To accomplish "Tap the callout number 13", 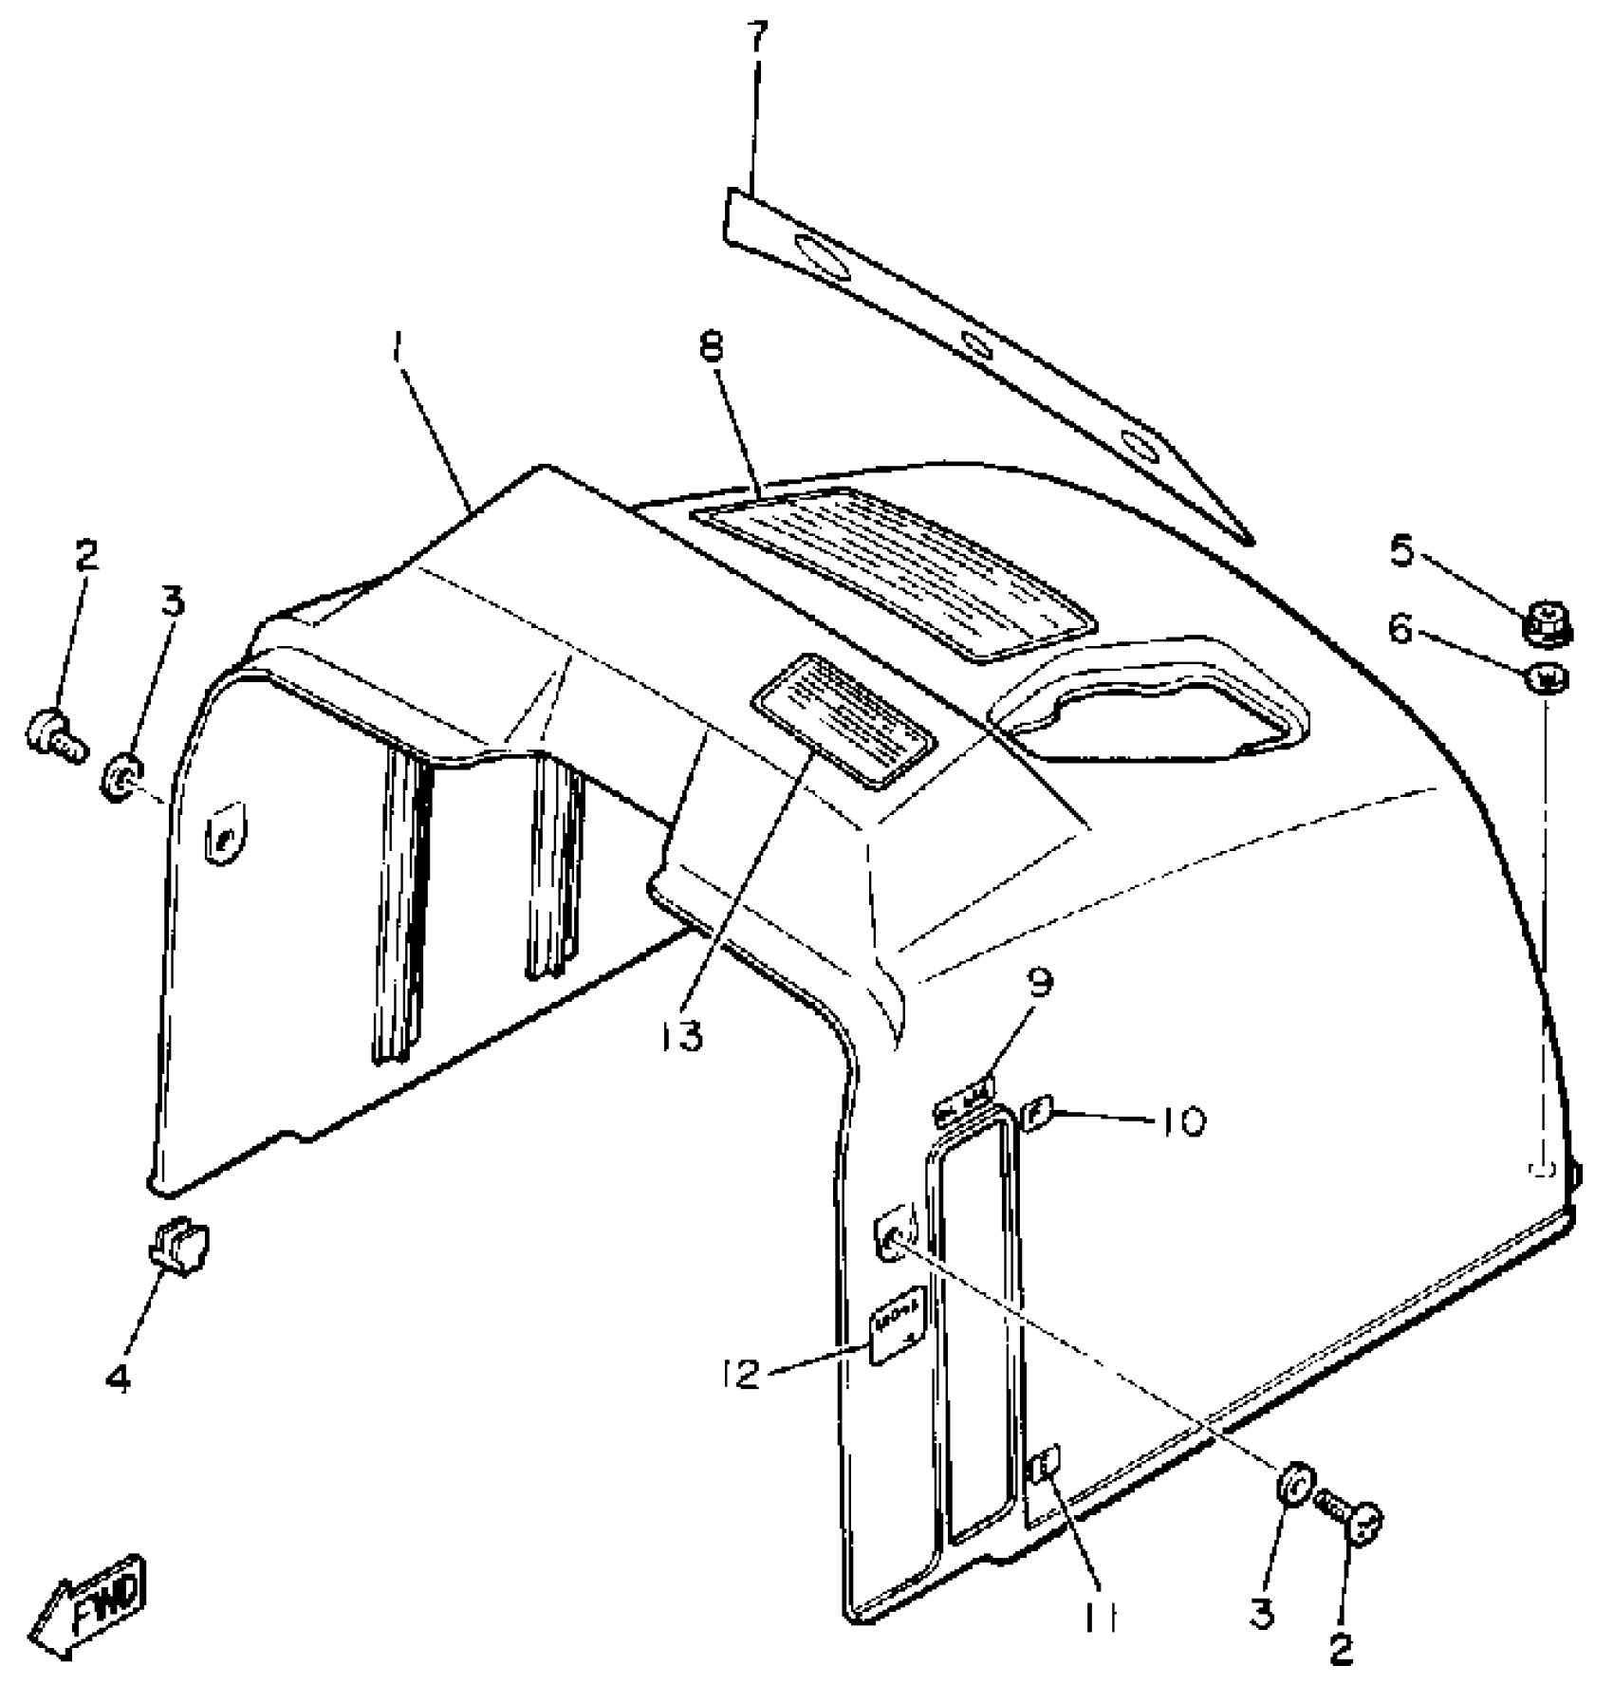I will coord(682,1036).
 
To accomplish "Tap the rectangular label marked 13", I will coord(843,718).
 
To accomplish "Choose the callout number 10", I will coord(1180,1121).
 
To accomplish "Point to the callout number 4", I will coord(119,1377).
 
